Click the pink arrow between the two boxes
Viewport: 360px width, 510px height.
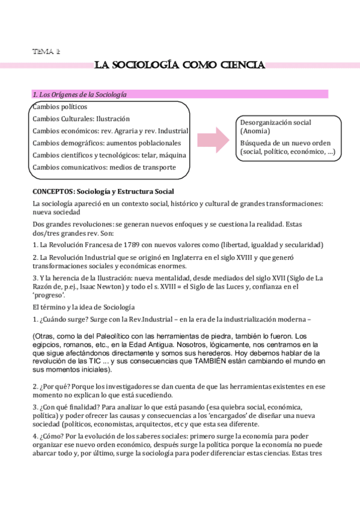(212, 140)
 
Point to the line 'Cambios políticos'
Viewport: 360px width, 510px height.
(59, 106)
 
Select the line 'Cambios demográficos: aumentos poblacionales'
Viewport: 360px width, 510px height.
(106, 143)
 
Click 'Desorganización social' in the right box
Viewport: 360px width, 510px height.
(275, 122)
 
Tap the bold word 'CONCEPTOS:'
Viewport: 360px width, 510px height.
(52, 191)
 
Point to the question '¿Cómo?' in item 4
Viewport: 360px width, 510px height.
(51, 437)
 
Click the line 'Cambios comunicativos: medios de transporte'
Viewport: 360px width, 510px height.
(104, 167)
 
